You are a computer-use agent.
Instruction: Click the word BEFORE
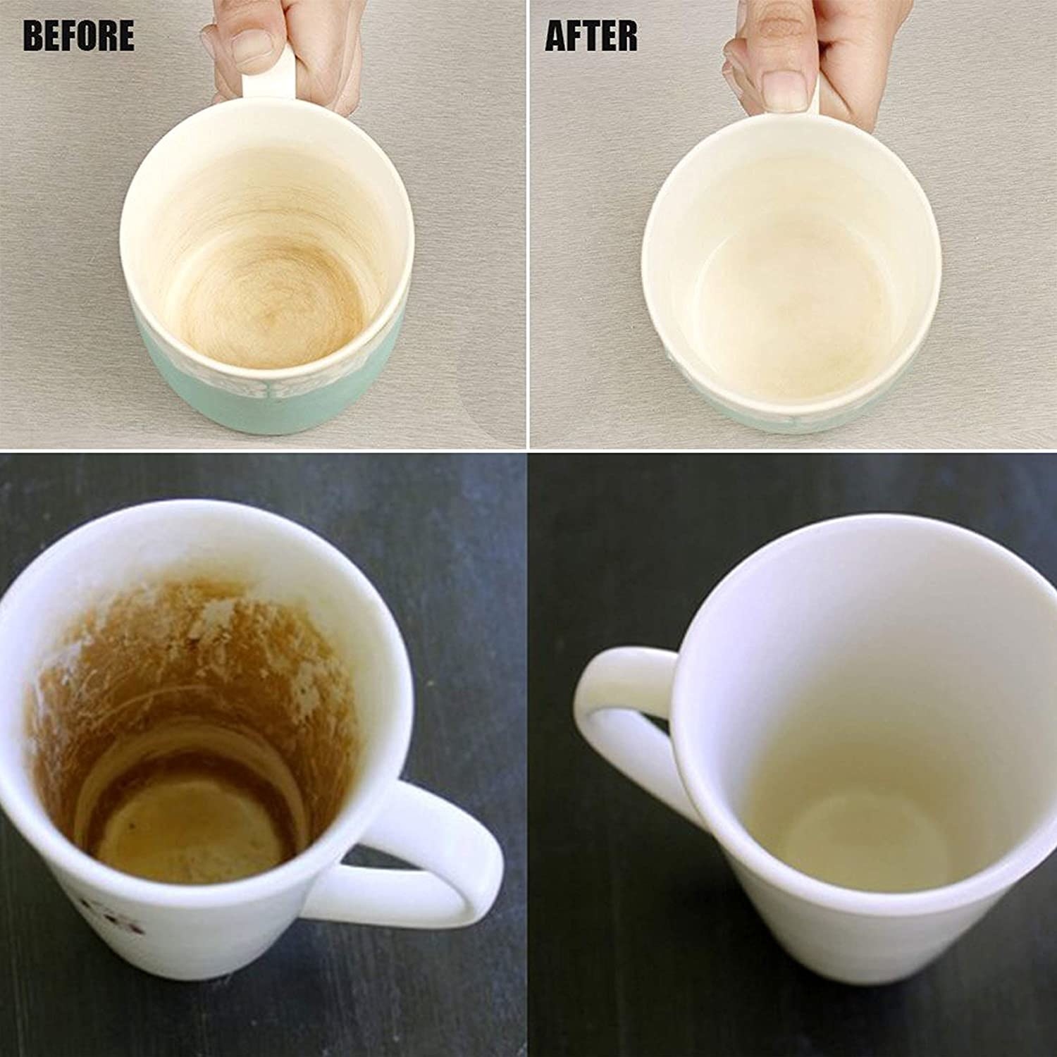[78, 36]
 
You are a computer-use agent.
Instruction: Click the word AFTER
[591, 36]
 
